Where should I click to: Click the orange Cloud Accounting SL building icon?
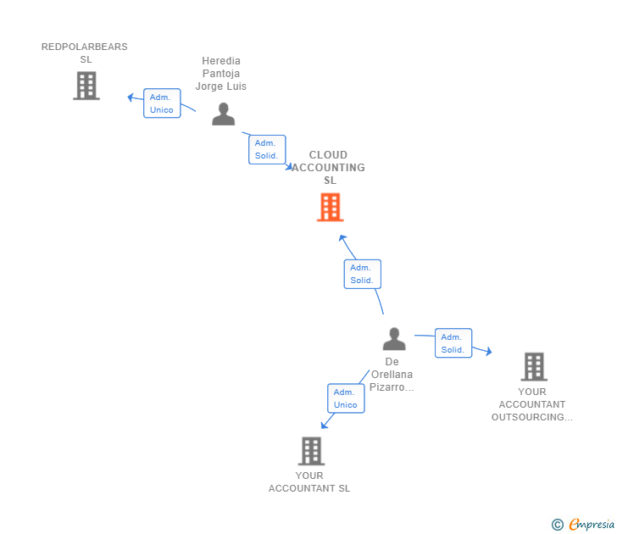click(330, 207)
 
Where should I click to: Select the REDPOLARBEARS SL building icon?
click(86, 86)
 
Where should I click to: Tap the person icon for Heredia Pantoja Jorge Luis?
click(223, 114)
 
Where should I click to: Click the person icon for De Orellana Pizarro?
click(393, 339)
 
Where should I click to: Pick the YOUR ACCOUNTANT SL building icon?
click(311, 451)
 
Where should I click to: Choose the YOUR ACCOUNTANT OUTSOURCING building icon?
click(533, 366)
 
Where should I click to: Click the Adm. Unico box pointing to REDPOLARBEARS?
click(161, 103)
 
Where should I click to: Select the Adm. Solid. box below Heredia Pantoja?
click(267, 149)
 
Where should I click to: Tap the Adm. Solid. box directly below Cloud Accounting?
click(362, 274)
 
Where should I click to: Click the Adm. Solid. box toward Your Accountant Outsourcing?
click(453, 343)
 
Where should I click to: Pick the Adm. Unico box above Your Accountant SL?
click(345, 398)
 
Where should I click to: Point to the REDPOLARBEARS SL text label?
click(85, 53)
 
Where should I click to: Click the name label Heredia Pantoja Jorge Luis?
click(221, 74)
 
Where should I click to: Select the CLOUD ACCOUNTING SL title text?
click(328, 168)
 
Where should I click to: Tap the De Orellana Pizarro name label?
click(392, 375)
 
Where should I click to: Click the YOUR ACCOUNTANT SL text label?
click(309, 481)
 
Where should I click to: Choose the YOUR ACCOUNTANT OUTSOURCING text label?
click(532, 404)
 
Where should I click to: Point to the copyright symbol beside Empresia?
click(557, 525)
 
